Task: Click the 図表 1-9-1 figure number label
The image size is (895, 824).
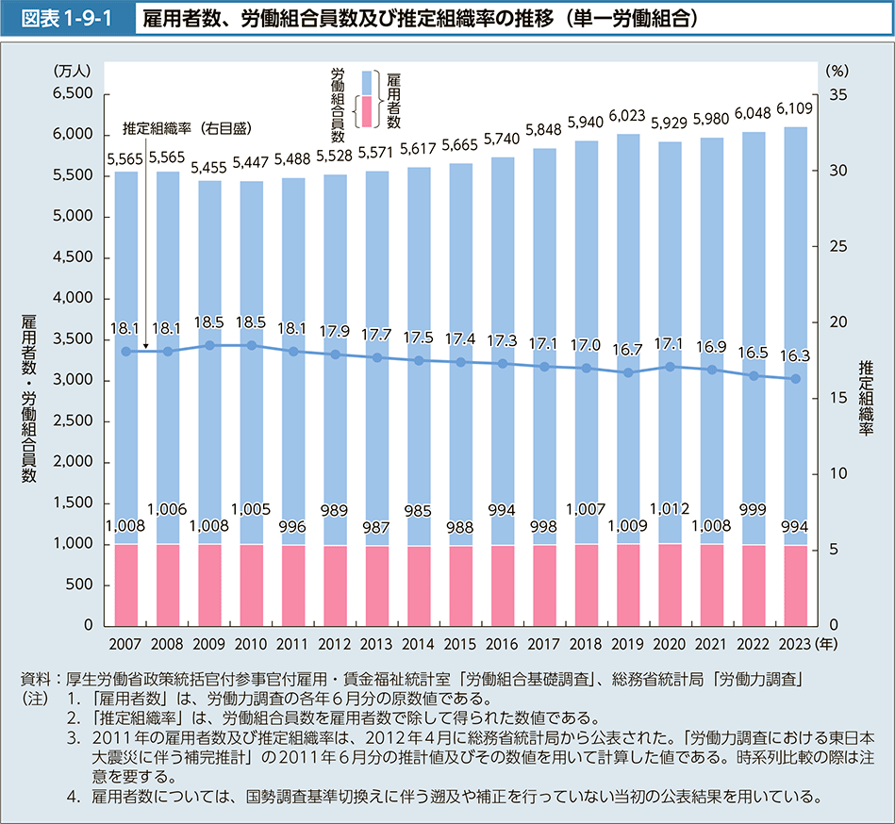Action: (64, 18)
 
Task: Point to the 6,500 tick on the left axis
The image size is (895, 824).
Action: (72, 94)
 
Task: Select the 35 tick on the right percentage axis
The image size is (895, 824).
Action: (837, 94)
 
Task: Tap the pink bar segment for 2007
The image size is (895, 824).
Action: (126, 585)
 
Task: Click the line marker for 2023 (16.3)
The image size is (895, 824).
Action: (795, 379)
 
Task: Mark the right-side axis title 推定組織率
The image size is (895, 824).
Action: (866, 396)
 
